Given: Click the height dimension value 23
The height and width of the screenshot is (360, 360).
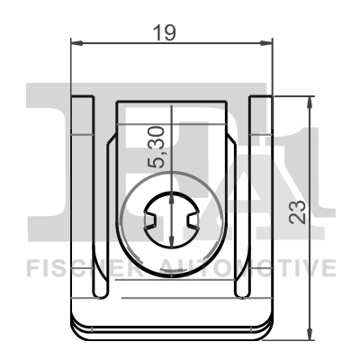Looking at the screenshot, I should click(298, 211).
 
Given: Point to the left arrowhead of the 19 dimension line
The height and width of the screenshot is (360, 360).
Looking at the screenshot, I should click(76, 42).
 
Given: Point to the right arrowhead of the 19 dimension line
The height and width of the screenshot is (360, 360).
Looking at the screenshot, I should click(266, 42).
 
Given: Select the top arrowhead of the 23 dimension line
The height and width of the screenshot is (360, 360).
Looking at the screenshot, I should click(310, 102).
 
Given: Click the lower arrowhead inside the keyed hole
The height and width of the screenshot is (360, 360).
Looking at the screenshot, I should click(171, 238).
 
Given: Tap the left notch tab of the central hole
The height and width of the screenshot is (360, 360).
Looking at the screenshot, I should click(152, 219).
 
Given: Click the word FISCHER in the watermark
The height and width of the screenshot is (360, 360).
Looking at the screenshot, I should click(81, 267).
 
